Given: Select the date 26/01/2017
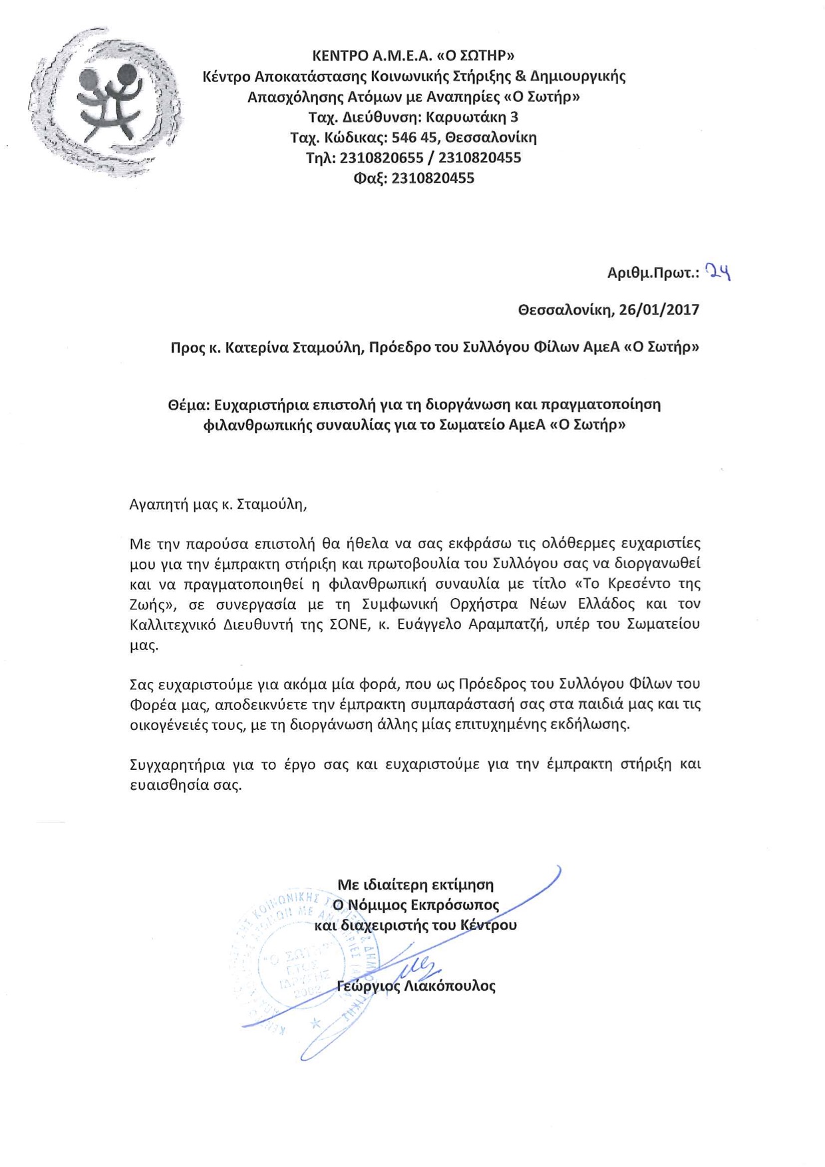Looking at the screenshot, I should pyautogui.click(x=659, y=309).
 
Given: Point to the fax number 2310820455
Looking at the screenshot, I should pyautogui.click(x=432, y=178).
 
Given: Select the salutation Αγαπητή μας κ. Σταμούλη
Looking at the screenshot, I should pyautogui.click(x=218, y=504).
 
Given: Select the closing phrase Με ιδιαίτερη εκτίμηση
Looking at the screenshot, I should pyautogui.click(x=416, y=885).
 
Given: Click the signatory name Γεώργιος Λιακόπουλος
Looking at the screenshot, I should pyautogui.click(x=416, y=986).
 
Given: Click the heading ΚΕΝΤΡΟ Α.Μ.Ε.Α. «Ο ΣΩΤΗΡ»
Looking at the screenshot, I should pyautogui.click(x=413, y=55).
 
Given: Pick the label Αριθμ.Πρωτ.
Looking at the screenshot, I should pyautogui.click(x=653, y=273).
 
